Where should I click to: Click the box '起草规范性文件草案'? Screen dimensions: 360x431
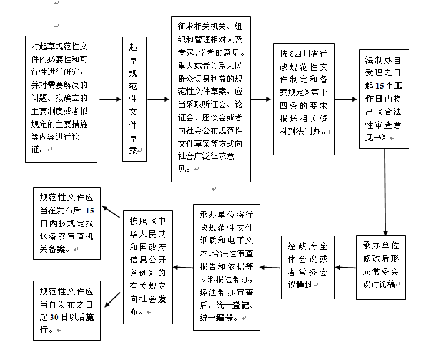coord(135,100)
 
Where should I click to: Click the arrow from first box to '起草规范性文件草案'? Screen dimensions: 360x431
coord(110,99)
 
